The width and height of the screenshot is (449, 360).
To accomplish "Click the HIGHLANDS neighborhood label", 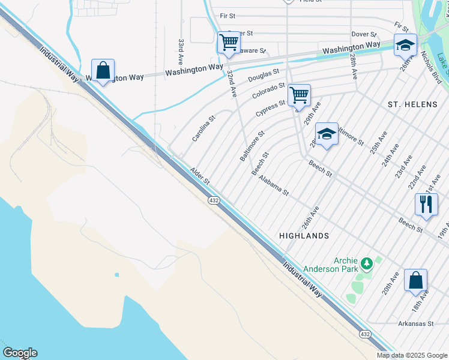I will click(304, 236).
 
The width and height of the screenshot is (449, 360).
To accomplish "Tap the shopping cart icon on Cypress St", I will click(298, 95).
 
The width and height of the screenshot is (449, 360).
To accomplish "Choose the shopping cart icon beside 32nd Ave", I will click(228, 43).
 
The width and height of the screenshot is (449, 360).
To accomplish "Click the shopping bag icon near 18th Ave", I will click(415, 280).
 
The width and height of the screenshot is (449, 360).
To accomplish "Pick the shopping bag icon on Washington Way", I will click(103, 70).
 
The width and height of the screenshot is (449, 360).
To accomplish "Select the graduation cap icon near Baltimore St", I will click(327, 134).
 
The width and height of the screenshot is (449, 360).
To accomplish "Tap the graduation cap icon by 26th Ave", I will click(405, 45).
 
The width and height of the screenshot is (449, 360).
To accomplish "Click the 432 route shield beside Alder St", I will click(213, 200).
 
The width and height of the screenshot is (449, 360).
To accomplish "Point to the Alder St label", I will click(200, 176).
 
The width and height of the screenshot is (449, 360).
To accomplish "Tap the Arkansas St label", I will click(415, 323).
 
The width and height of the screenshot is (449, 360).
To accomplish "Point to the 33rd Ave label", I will click(180, 52).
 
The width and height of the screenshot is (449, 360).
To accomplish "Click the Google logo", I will click(20, 353).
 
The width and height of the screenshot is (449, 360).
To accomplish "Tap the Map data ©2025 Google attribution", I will click(412, 355).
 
